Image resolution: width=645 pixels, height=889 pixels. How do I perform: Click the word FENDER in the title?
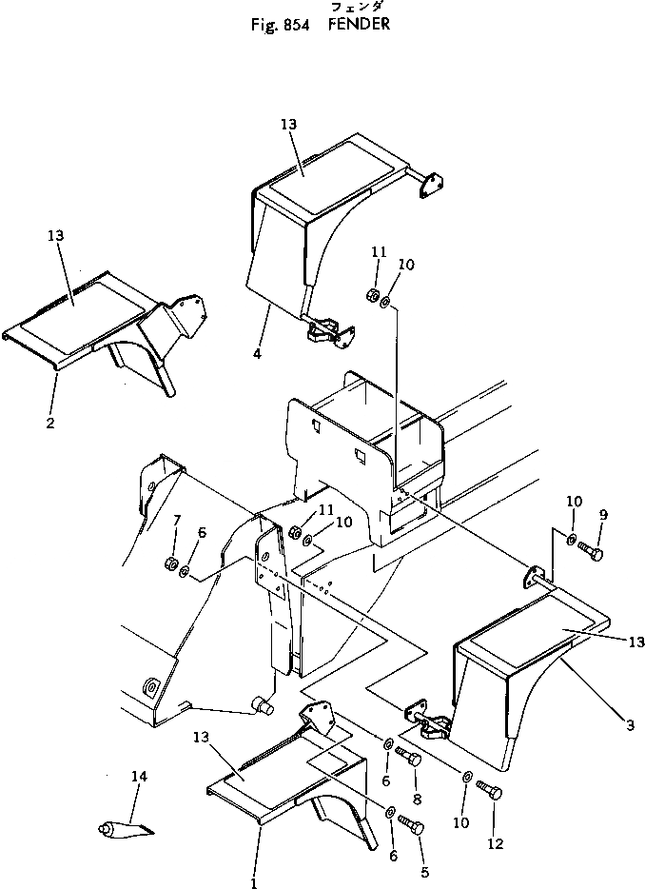click(359, 25)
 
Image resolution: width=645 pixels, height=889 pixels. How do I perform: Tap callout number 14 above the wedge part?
click(139, 777)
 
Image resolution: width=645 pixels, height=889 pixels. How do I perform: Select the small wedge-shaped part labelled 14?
click(124, 828)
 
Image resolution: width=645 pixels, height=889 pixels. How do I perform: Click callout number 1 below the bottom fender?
click(254, 882)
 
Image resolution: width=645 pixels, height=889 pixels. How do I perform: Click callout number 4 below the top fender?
click(256, 355)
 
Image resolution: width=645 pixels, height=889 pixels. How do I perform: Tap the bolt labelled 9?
click(591, 551)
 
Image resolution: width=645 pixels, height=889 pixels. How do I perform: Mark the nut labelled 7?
click(170, 562)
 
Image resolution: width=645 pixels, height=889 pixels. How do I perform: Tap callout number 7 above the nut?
click(176, 519)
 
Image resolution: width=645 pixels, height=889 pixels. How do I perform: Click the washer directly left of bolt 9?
click(571, 543)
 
